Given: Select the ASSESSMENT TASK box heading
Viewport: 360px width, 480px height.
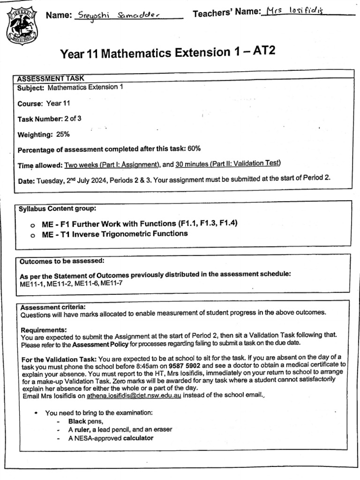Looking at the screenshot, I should click(x=51, y=78).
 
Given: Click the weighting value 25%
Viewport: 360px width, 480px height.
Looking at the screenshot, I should click(x=63, y=135).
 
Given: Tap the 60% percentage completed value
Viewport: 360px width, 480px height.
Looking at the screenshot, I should click(x=194, y=149).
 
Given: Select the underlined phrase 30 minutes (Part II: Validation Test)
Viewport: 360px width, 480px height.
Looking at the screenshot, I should click(x=228, y=163).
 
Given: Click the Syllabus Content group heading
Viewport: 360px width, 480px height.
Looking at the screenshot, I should click(x=57, y=209).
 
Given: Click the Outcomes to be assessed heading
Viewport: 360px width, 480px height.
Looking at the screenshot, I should click(x=61, y=261).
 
